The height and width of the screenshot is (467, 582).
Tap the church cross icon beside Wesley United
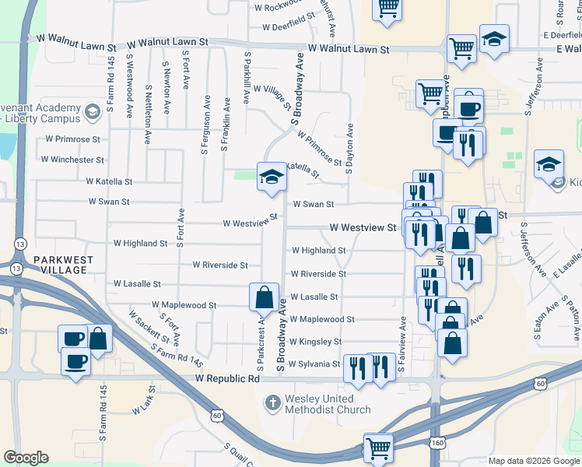(x=272, y=403)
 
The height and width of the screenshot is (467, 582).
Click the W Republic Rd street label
(x=226, y=378)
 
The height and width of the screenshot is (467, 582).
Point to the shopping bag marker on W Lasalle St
(x=264, y=297)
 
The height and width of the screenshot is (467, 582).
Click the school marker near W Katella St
(x=272, y=177)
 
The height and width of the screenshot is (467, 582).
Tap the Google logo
(x=26, y=458)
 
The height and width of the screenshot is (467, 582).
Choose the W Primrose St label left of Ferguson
(x=73, y=139)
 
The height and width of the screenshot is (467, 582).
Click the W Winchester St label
(x=72, y=160)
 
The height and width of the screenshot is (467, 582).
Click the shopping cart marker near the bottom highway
(x=378, y=448)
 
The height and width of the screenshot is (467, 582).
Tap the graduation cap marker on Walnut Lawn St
(x=493, y=39)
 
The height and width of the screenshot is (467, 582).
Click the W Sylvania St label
(x=315, y=363)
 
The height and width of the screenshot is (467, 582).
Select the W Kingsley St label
(x=315, y=342)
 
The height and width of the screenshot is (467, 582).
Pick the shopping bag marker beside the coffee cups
(x=98, y=339)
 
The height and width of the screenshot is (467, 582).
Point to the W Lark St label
(x=142, y=406)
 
